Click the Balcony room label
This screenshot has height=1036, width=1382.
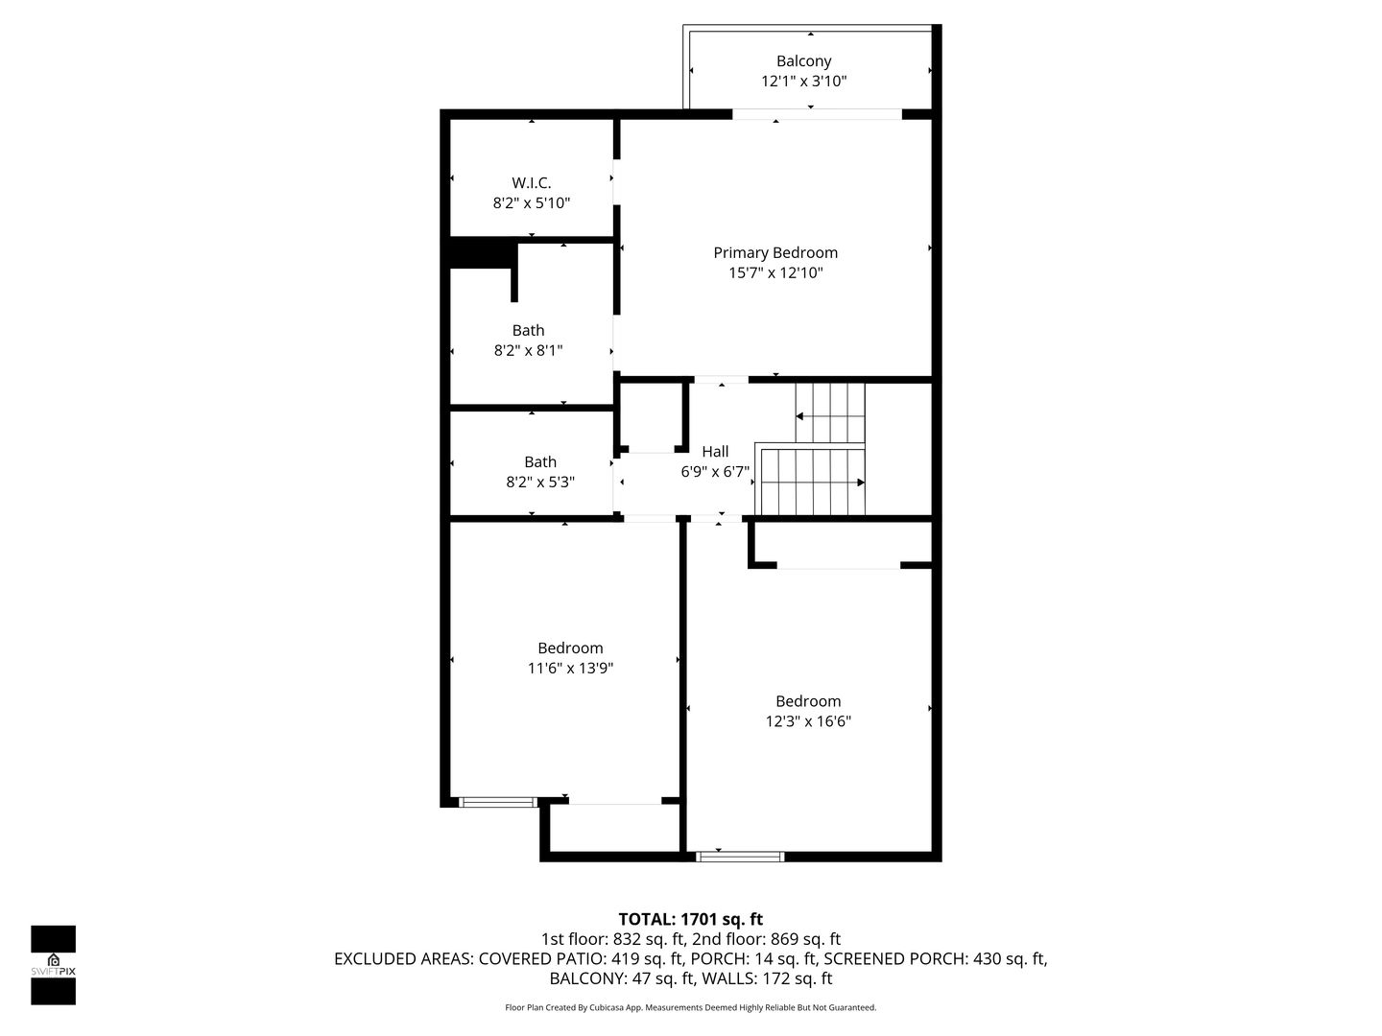(x=803, y=61)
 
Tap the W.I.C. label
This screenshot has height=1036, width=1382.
(x=532, y=183)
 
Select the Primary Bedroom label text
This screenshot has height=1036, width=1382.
(x=775, y=253)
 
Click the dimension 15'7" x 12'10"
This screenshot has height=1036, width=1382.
(x=775, y=273)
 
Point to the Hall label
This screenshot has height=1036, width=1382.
(x=715, y=452)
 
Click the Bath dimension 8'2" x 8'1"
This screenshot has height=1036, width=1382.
(x=528, y=350)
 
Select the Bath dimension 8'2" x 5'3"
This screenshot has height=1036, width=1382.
(x=540, y=483)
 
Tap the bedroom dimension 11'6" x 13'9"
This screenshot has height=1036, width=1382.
(x=570, y=668)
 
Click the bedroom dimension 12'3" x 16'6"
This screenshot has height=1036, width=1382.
(x=808, y=721)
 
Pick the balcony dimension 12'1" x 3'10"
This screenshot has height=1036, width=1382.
(x=803, y=82)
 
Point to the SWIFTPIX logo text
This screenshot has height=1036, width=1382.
(x=53, y=972)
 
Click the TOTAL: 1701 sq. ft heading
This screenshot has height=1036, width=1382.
(x=691, y=920)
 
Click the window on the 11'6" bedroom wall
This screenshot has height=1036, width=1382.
(x=497, y=802)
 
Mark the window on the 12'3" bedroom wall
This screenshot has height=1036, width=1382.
(x=740, y=856)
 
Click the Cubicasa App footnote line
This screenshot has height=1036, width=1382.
(x=691, y=1007)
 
